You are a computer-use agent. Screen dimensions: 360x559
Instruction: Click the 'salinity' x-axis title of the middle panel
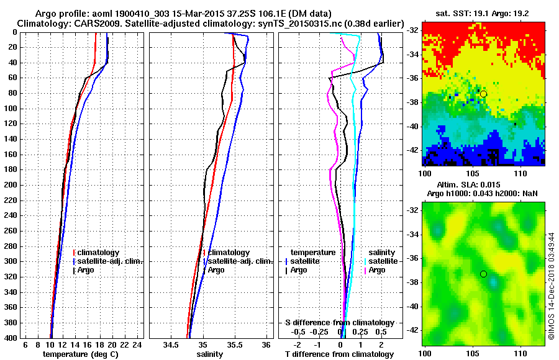pyautogui.click(x=209, y=354)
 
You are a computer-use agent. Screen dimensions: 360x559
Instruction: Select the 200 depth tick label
pyautogui.click(x=11, y=185)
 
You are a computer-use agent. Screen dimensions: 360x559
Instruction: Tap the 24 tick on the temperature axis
pyautogui.click(x=138, y=344)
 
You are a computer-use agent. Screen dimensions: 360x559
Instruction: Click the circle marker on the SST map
pyautogui.click(x=483, y=94)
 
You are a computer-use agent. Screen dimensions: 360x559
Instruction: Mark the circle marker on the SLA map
pyautogui.click(x=483, y=274)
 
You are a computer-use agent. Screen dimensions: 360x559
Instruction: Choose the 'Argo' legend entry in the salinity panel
pyautogui.click(x=216, y=270)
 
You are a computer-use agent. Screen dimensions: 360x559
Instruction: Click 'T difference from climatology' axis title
pyautogui.click(x=339, y=354)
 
